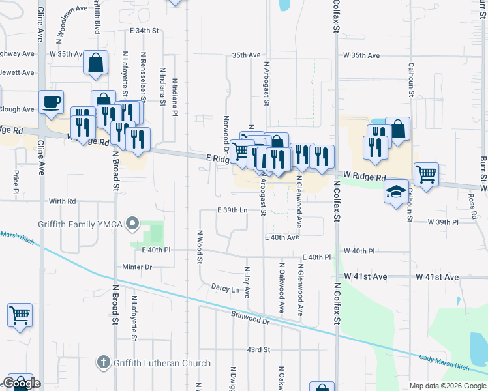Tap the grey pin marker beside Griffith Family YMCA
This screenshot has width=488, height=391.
(133, 224)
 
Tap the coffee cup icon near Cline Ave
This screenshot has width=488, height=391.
(52, 102)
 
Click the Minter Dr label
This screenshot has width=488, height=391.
(137, 267)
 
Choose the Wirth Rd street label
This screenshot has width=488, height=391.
(63, 201)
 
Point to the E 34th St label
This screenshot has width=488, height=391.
(144, 31)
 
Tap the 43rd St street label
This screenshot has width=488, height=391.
(258, 350)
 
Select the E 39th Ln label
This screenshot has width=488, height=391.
(232, 210)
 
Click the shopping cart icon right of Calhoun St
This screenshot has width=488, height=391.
(426, 174)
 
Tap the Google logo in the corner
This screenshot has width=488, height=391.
(22, 384)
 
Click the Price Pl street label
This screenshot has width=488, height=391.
(16, 182)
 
